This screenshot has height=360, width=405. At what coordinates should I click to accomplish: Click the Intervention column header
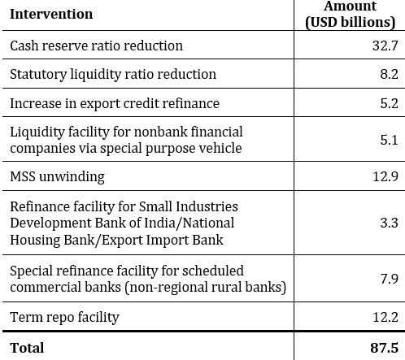(51, 14)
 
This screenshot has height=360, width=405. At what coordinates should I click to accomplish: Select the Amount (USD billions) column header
(351, 15)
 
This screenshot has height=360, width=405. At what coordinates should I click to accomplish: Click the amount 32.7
(385, 46)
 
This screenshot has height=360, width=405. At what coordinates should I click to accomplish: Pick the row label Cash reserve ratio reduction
(96, 46)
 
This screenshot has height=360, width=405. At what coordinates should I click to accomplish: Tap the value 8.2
(389, 74)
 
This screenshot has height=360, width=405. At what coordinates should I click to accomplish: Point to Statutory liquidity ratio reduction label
(113, 74)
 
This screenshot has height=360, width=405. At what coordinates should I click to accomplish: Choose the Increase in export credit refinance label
(114, 103)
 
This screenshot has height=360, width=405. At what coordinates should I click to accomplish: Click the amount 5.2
(389, 103)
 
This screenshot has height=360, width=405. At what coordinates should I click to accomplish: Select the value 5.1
(389, 140)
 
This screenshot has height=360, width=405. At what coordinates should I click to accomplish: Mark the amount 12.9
(385, 176)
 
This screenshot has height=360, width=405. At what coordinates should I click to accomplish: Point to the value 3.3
(389, 222)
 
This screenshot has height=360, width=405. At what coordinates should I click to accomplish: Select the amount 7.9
(389, 279)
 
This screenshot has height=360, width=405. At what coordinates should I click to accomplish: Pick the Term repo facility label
(64, 316)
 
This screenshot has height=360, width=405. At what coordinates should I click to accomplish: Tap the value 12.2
(385, 316)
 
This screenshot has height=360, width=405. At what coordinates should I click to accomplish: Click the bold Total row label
(27, 347)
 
